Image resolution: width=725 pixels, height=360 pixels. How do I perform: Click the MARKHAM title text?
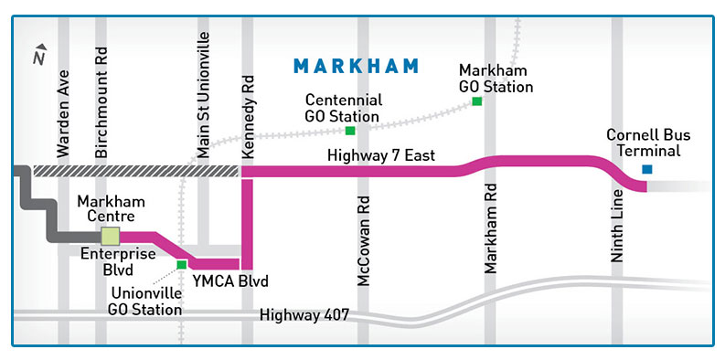point(356,66)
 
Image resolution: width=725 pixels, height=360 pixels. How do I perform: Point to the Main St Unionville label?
point(203,96)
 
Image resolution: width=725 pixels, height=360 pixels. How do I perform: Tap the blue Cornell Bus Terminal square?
point(647,169)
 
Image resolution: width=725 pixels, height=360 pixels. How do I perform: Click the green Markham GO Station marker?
point(476,101)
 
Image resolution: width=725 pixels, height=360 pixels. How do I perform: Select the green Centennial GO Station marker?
point(350,131)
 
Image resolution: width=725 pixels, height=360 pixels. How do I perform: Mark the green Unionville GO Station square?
point(182,265)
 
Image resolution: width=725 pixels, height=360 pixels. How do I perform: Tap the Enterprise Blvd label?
point(106,262)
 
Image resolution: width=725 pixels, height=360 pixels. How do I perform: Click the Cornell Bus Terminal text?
point(648,143)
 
